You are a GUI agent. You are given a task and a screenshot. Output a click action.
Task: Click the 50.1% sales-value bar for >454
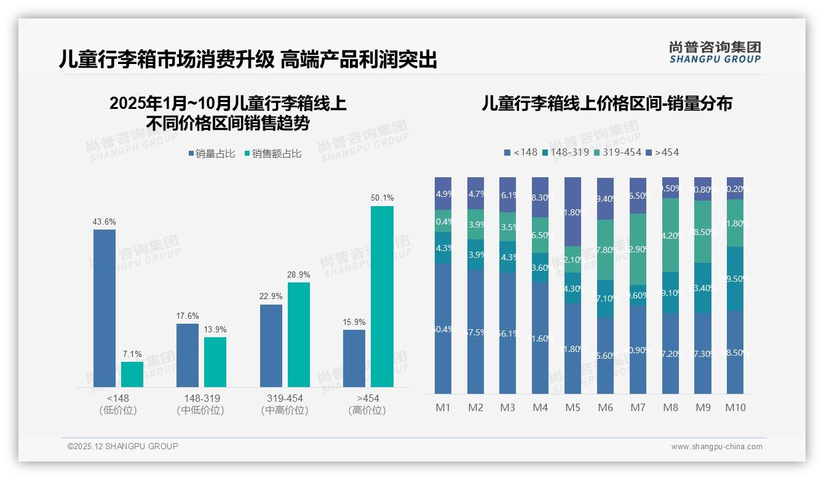(382, 296)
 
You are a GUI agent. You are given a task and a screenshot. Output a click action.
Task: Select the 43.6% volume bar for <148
(105, 308)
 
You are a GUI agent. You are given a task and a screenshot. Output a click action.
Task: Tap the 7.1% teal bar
(132, 374)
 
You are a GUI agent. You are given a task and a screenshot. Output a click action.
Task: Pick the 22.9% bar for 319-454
(271, 345)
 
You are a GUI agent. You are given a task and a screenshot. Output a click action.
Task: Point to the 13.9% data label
(215, 330)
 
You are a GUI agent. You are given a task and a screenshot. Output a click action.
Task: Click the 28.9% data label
(299, 274)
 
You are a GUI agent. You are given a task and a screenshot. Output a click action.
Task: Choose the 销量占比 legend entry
(211, 154)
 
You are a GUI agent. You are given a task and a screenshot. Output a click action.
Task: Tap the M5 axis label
(572, 407)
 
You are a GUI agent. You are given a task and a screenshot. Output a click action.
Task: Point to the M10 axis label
(735, 407)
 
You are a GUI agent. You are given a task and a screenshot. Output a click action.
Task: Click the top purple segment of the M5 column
(572, 212)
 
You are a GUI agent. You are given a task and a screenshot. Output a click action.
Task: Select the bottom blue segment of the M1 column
(443, 329)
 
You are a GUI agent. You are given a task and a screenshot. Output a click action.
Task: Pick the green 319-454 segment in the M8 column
(670, 235)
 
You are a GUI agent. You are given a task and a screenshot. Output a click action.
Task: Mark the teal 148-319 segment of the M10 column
(735, 278)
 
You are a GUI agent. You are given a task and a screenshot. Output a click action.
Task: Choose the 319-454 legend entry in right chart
(618, 152)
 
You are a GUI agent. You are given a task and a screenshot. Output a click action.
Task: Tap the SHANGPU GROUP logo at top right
(715, 52)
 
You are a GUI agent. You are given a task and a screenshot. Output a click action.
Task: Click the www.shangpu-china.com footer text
(716, 447)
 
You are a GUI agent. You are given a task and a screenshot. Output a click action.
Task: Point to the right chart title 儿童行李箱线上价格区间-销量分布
(607, 103)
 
